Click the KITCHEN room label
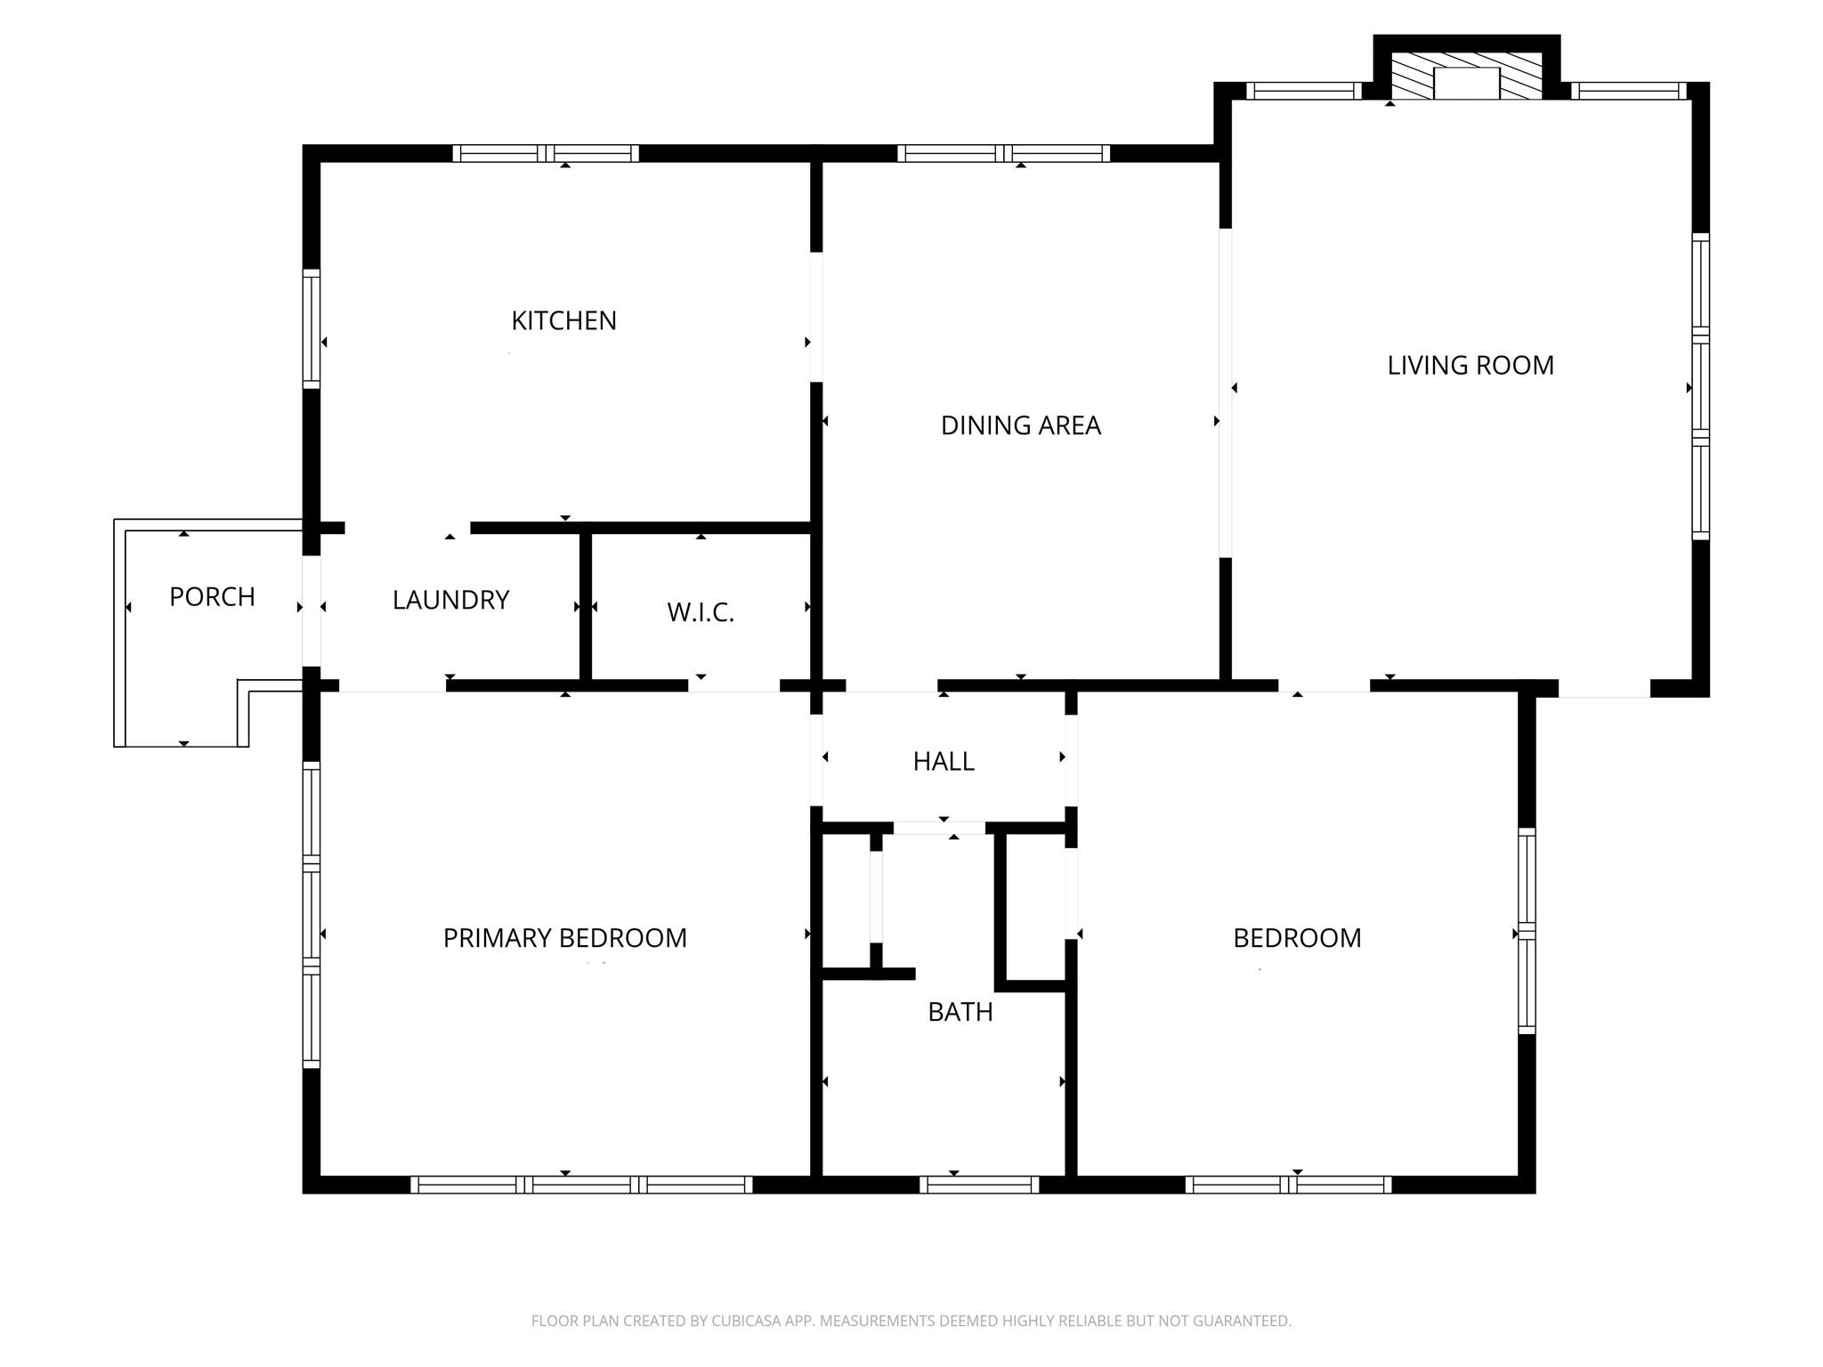[x=563, y=320]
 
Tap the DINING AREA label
[x=1020, y=425]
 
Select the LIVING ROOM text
[x=1471, y=365]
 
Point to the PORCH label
[x=212, y=596]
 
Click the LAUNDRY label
[x=450, y=600]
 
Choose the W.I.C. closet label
[x=701, y=612]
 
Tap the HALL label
[x=944, y=761]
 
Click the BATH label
[x=960, y=1012]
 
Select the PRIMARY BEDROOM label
[x=564, y=938]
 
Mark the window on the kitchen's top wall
[x=546, y=153]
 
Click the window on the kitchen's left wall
[x=311, y=329]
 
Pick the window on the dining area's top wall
[x=1003, y=153]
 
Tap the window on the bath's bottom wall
[x=978, y=1185]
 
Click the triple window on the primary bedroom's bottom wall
[x=581, y=1185]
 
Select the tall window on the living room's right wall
[x=1700, y=386]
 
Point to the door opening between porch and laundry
[x=312, y=611]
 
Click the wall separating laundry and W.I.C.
[x=585, y=607]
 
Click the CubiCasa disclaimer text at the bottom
[x=911, y=1321]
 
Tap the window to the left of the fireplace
[x=1303, y=91]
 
